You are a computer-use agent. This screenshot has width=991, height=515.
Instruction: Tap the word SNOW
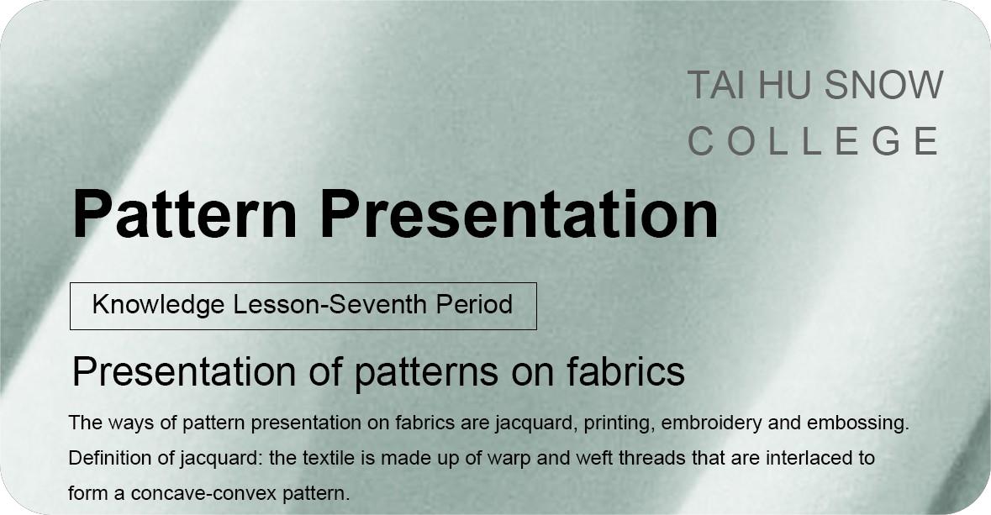tap(883, 85)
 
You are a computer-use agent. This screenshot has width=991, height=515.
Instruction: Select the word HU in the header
tap(783, 85)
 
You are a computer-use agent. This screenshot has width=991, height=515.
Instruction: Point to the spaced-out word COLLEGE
tap(814, 141)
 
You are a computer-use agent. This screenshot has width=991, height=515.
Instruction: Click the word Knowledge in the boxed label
tap(159, 305)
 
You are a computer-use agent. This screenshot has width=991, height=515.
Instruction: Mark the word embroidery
tap(711, 423)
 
